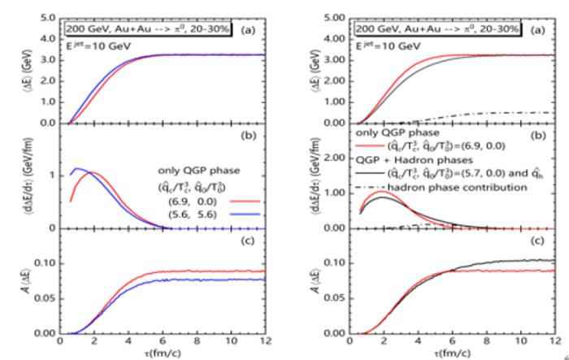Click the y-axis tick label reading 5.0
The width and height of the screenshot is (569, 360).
[47, 16]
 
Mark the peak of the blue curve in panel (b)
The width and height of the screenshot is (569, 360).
[77, 169]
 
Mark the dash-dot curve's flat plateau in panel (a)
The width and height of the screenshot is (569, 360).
[520, 112]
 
